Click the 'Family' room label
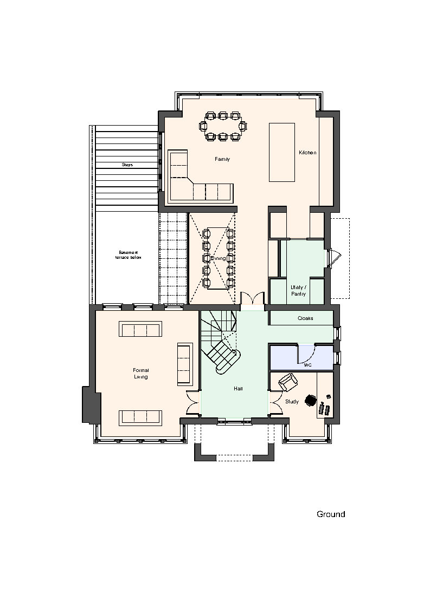point(222,159)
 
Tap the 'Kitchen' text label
point(307,153)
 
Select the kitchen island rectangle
point(281,152)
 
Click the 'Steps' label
point(127,165)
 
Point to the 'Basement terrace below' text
point(128,255)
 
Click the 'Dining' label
point(219,258)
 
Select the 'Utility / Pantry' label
point(298,291)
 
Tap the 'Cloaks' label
point(305,318)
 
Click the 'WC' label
point(307,365)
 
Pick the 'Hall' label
point(238,389)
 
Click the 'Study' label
point(292,402)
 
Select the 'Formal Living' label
point(140,374)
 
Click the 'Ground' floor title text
point(331,514)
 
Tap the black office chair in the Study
point(311,400)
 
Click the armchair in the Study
point(288,382)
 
